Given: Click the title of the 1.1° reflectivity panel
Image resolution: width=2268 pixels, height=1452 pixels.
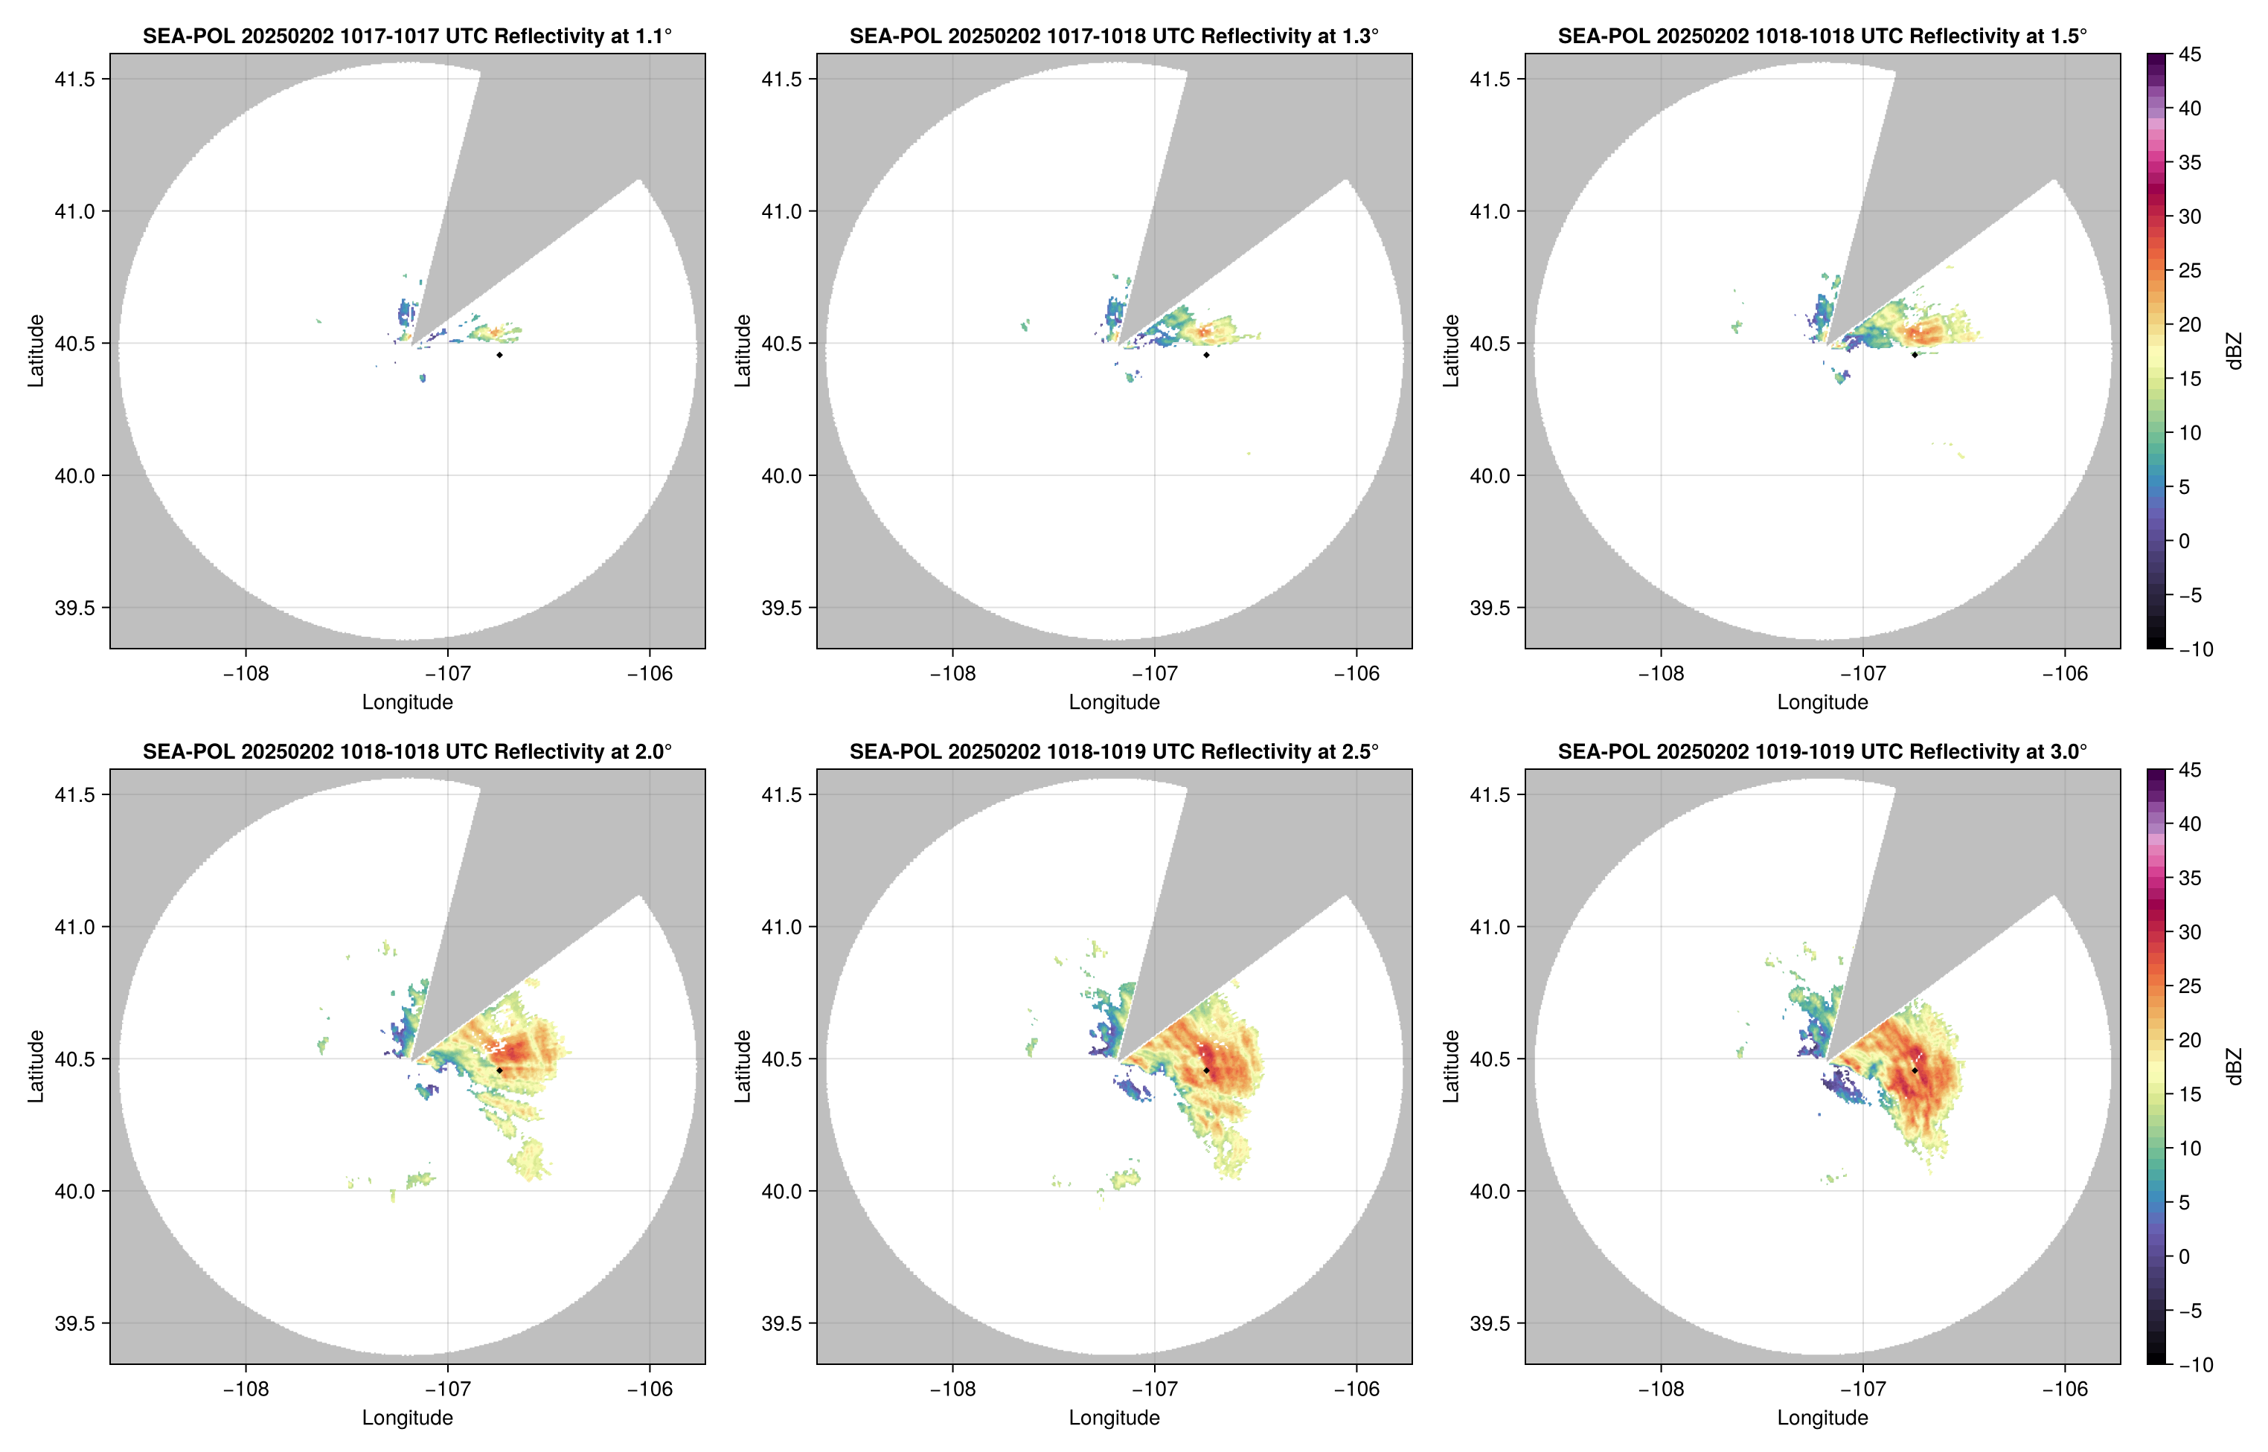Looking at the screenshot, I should tap(407, 36).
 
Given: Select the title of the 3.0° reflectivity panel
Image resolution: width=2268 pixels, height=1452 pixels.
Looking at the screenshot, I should tap(1822, 751).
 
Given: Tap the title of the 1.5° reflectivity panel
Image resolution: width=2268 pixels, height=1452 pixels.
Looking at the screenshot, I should tap(1822, 36).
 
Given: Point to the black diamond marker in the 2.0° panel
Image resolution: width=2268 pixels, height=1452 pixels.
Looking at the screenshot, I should tap(499, 1070).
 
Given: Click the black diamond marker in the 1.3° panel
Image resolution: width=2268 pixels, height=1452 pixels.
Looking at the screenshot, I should tap(1206, 355).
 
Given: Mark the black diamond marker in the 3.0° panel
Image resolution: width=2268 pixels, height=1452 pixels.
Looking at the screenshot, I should tap(1915, 1070).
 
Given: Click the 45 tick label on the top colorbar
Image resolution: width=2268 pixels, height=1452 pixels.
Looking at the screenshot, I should tap(2190, 55).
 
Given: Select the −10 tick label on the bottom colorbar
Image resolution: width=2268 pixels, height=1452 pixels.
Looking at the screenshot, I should tap(2194, 1364).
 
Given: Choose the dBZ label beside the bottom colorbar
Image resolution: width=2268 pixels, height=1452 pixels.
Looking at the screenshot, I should tap(2233, 1067).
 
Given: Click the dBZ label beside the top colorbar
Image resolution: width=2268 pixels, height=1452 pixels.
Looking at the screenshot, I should tap(2233, 351).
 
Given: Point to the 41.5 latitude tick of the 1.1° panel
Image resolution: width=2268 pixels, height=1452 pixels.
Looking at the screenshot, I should tap(75, 79).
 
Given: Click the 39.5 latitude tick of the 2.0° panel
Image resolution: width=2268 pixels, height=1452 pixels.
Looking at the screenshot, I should tap(75, 1323).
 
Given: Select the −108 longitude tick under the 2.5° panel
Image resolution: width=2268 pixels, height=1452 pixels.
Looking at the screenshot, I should tap(952, 1389).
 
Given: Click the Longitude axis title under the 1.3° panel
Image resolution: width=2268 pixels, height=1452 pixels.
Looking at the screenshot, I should tap(1114, 701).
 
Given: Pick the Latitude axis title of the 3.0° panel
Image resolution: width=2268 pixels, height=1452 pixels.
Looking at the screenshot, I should tap(1451, 1067).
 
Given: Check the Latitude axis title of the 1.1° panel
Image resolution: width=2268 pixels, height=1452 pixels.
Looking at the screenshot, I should tap(36, 351).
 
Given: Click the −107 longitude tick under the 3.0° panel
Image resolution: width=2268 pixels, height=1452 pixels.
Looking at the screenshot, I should tap(1862, 1389).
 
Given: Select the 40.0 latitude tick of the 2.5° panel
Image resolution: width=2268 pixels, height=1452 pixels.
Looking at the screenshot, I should tap(783, 1191).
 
